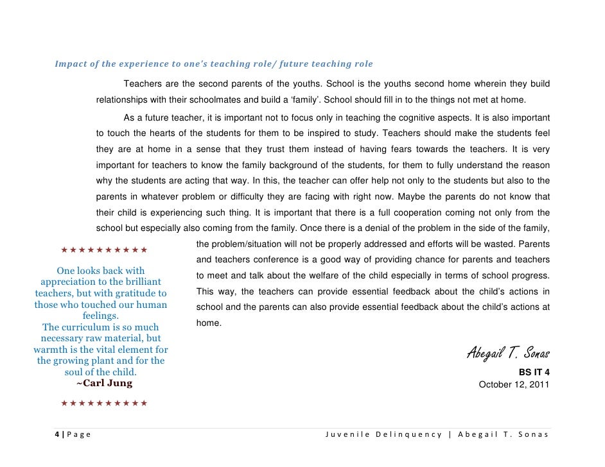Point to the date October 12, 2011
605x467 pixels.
[x=514, y=385]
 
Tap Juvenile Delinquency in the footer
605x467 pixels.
[x=383, y=434]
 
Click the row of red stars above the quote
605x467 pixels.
[x=104, y=250]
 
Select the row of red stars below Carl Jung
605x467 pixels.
[x=104, y=403]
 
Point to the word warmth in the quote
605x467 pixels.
[x=51, y=350]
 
